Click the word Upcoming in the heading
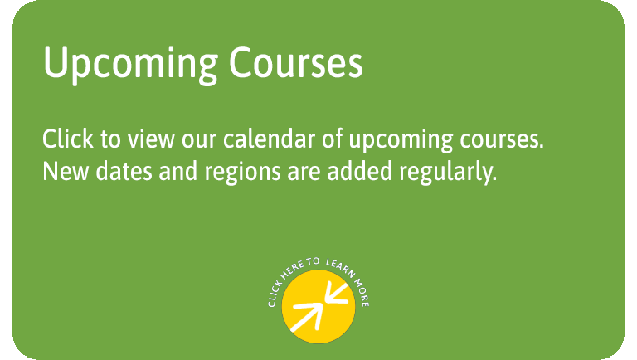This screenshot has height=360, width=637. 130,65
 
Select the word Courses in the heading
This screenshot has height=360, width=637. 296,62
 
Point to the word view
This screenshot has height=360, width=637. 151,139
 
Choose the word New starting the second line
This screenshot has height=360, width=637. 66,171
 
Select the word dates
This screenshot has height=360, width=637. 124,171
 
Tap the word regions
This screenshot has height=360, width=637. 242,173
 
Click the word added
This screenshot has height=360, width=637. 360,171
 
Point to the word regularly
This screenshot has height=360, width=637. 448,173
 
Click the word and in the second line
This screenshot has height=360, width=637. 178,171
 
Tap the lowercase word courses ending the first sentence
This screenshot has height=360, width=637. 502,141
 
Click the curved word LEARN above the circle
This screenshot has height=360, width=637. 341,268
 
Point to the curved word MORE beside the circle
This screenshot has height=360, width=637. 362,293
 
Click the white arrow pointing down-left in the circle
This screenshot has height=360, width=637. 336,294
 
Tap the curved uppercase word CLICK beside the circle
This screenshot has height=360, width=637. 275,294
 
